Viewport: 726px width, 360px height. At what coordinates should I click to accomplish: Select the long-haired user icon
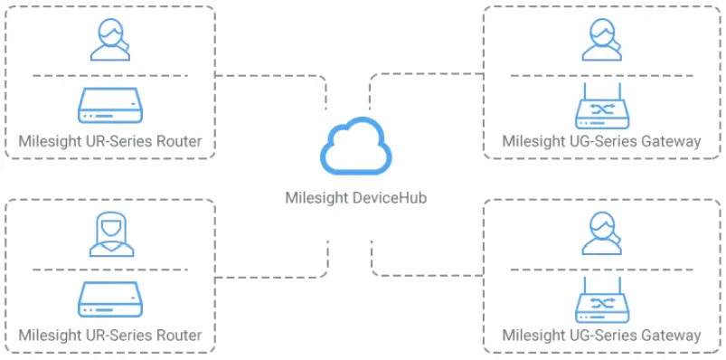(110, 234)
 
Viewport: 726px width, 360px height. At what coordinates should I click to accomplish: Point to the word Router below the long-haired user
(178, 336)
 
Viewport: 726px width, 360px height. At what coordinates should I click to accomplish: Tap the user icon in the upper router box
(110, 40)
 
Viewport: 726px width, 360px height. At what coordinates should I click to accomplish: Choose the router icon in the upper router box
(110, 105)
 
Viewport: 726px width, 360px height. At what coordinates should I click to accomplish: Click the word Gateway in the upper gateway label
(671, 142)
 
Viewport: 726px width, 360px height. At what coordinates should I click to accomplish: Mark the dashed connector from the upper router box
(271, 76)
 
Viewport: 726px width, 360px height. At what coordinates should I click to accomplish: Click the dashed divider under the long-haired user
(110, 269)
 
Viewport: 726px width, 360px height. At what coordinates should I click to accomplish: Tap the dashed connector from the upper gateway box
(425, 76)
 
